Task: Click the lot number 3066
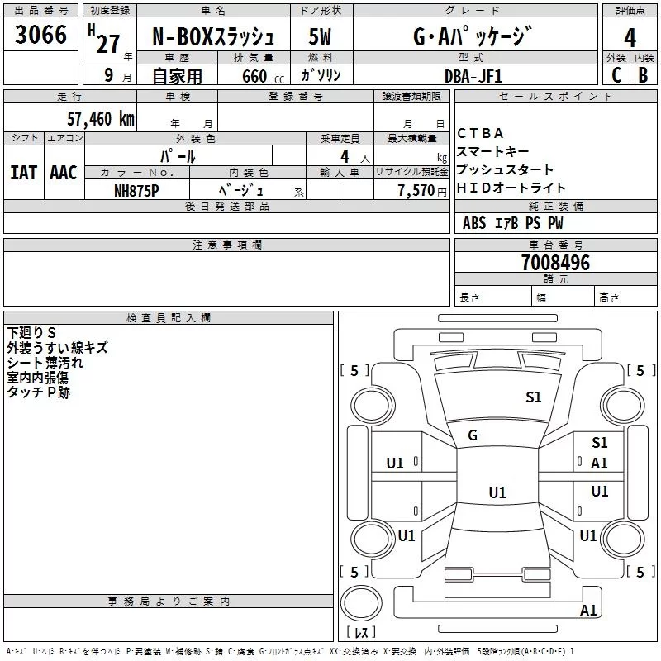click(41, 35)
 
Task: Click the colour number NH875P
click(136, 190)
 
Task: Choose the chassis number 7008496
click(555, 263)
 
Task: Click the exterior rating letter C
click(616, 74)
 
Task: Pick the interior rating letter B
click(643, 74)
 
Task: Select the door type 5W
click(320, 36)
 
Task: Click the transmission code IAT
click(23, 172)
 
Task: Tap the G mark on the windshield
click(473, 435)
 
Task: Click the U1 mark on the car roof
click(497, 493)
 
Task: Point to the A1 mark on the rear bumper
click(588, 611)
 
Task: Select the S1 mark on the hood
click(534, 397)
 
